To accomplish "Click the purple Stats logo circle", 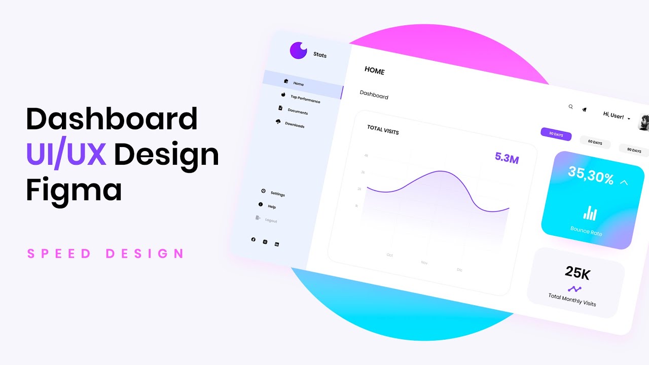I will coord(299,50).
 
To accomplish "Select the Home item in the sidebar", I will coord(298,84).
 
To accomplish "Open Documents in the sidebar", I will coord(298,111).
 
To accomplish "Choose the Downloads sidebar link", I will coord(295,124).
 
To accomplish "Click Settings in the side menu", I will coord(277,194).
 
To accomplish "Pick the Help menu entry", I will coord(272,206).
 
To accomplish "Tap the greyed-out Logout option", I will coord(271,221).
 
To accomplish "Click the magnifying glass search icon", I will coord(570,107).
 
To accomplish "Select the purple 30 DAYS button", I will coord(556,135).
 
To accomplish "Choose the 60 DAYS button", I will coord(595,142).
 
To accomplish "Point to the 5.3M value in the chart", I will coord(507,159).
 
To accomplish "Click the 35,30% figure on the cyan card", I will coord(591,175).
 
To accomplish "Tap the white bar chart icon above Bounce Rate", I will coord(590,213).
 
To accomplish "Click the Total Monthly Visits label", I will coord(572,300).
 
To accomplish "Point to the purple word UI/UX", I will coord(66,155).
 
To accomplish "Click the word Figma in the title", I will coord(74,191).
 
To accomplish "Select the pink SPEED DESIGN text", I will coord(105,253).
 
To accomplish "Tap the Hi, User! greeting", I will coord(613,116).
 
